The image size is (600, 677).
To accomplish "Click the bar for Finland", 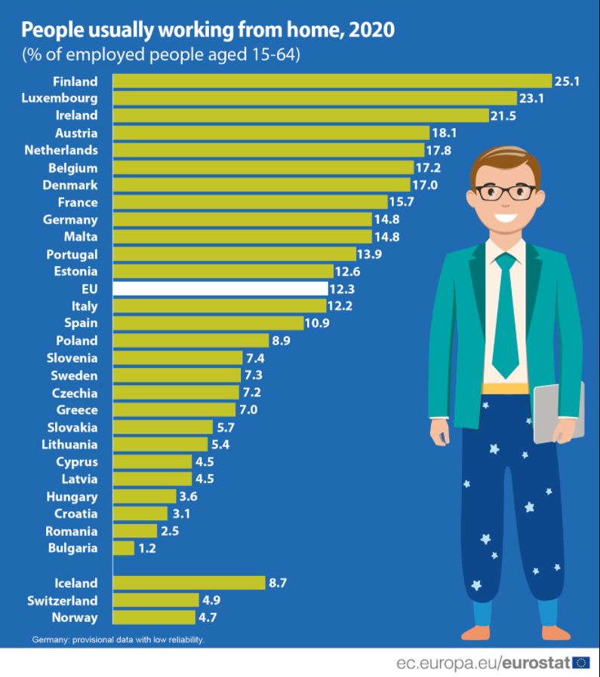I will [332, 81].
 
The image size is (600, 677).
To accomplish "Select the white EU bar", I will [220, 288].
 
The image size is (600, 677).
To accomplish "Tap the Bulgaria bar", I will [124, 548].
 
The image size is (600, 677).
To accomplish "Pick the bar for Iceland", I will [189, 583].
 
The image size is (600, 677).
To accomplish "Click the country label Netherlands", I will [60, 150].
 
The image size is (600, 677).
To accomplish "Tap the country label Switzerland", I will [63, 600].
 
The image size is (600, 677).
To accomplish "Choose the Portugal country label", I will [72, 254].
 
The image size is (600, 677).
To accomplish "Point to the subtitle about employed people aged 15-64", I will [161, 56].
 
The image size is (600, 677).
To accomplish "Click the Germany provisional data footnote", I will [118, 640].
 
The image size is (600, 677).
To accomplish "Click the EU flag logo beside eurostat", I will [582, 663].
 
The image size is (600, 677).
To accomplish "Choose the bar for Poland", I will [190, 340].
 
